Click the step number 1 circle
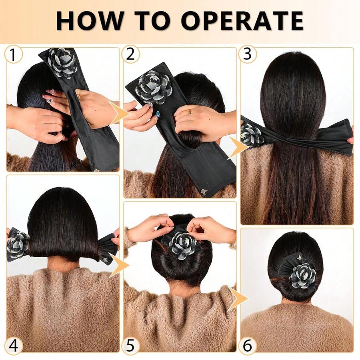pyautogui.click(x=14, y=55)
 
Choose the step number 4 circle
pyautogui.click(x=14, y=345)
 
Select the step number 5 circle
pyautogui.click(x=131, y=345)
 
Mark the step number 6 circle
pyautogui.click(x=248, y=345)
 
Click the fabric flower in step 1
pyautogui.click(x=63, y=63)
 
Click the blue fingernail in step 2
pyautogui.click(x=158, y=114)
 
